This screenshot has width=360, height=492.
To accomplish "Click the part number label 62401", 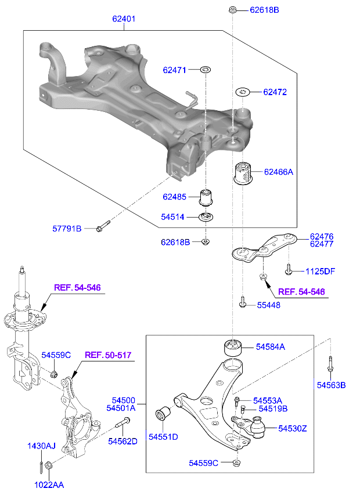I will tap(124, 19).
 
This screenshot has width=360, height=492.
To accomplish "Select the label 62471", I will tap(174, 70).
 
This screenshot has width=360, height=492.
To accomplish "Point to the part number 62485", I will tap(174, 197).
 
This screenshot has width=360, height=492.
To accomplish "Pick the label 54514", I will tap(172, 217).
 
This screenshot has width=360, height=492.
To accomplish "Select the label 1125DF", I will tap(321, 271).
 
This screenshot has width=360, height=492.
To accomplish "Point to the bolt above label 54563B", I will tap(330, 365).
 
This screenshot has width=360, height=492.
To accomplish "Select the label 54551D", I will tap(163, 436).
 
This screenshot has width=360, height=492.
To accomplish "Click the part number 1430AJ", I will tap(41, 446).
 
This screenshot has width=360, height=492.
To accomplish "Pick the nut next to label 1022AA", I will tap(49, 465).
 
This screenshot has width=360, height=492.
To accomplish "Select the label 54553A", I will tap(268, 400).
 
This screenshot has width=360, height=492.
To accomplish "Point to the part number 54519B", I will tap(273, 408).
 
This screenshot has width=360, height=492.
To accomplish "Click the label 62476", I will tap(322, 236).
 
